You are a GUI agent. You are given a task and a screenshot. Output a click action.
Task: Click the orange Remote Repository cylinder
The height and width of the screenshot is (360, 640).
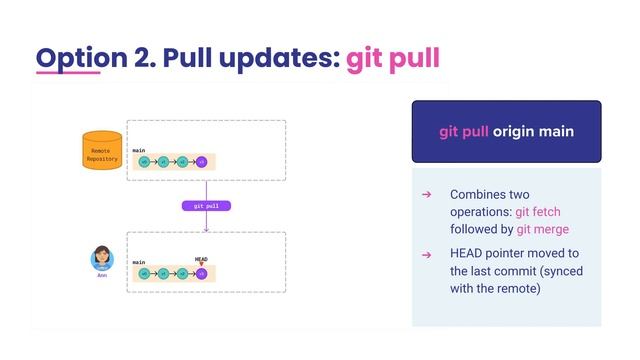pyautogui.click(x=101, y=151)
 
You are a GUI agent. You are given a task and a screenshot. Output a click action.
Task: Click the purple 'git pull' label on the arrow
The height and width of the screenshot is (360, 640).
pyautogui.click(x=206, y=206)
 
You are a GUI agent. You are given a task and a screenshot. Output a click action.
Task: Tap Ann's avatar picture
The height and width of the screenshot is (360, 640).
pyautogui.click(x=101, y=258)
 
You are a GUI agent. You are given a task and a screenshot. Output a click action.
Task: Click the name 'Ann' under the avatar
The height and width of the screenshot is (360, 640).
pyautogui.click(x=101, y=276)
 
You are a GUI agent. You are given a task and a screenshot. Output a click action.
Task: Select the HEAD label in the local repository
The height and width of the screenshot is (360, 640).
pyautogui.click(x=201, y=258)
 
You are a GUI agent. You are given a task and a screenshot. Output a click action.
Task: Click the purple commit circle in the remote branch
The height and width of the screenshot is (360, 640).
pyautogui.click(x=201, y=161)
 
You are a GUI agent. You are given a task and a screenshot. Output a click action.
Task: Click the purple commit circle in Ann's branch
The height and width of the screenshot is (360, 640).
pyautogui.click(x=201, y=272)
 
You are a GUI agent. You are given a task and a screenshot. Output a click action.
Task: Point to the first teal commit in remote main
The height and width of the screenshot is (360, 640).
pyautogui.click(x=144, y=161)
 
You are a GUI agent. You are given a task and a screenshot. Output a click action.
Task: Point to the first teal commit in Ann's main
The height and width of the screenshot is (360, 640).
pyautogui.click(x=144, y=272)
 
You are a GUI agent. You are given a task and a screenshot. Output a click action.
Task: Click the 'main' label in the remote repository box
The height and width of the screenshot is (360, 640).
pyautogui.click(x=139, y=150)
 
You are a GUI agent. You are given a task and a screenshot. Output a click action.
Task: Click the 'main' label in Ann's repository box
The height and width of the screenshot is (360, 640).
pyautogui.click(x=139, y=262)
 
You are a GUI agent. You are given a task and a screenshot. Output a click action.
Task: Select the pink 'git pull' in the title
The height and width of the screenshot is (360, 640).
pyautogui.click(x=392, y=58)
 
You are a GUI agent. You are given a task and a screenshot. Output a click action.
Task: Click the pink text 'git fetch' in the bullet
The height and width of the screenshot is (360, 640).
pyautogui.click(x=541, y=211)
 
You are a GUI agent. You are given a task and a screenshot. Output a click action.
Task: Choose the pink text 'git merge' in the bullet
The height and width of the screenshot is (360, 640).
pyautogui.click(x=543, y=229)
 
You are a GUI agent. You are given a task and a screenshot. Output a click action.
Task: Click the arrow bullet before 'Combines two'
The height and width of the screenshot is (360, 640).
pyautogui.click(x=425, y=194)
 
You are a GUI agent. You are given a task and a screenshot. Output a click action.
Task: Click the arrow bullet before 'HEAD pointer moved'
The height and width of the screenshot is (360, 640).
pyautogui.click(x=425, y=254)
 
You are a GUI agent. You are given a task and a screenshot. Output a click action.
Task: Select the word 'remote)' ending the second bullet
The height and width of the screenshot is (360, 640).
pyautogui.click(x=519, y=289)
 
